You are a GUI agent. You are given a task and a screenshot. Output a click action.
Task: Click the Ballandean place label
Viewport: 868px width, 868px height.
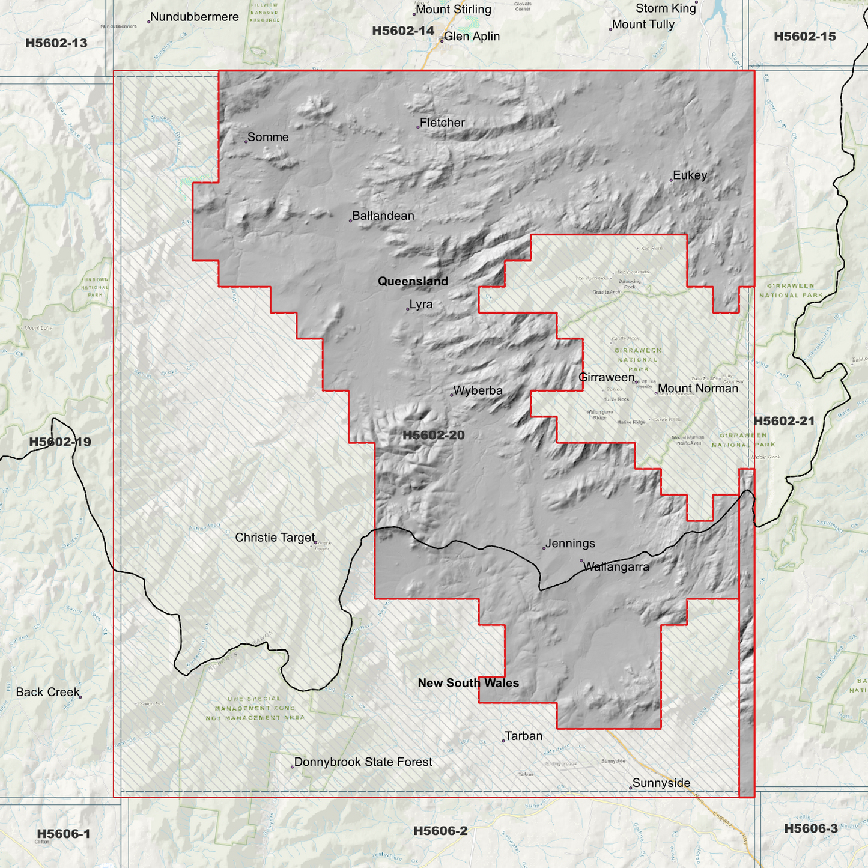pos(383,216)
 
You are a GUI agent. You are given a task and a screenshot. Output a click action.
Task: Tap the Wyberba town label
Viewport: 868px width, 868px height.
pos(478,390)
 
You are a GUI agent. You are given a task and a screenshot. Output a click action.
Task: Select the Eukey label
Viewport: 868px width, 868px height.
pos(690,175)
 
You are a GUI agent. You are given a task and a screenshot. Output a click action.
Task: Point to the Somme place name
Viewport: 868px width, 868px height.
pos(268,137)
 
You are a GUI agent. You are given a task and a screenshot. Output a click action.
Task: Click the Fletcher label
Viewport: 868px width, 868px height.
pos(442,123)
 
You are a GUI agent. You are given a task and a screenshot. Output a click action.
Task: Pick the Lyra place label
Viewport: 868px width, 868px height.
pos(420,305)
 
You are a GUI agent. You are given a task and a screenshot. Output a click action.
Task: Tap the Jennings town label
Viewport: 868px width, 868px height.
pos(570,544)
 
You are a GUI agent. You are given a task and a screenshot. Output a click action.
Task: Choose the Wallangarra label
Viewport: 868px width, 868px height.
pos(616,566)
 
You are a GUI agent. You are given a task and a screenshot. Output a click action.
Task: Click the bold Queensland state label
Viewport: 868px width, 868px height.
pos(413,281)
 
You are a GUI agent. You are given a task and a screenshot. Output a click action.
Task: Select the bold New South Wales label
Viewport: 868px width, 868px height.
pos(468,683)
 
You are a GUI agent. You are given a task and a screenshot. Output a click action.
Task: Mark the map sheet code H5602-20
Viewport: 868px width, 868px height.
pos(433,435)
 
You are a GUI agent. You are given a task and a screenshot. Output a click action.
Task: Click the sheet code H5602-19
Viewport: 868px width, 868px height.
pos(60,442)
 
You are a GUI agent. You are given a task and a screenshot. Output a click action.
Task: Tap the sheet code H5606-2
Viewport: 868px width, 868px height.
pos(440,831)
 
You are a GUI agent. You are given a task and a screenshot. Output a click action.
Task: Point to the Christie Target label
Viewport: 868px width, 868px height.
pos(275,538)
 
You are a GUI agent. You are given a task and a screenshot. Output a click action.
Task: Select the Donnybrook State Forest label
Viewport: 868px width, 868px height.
pos(363,762)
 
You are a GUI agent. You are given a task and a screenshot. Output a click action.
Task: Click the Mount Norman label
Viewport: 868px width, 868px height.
pos(697,389)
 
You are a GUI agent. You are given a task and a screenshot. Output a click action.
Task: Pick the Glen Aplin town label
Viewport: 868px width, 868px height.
pos(472,37)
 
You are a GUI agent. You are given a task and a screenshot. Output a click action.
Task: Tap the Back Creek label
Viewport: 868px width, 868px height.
pos(47,692)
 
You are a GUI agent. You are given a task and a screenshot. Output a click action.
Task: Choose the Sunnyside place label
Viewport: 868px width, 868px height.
pos(661,783)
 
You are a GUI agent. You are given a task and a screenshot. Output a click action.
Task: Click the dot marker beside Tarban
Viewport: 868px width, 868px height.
pos(503,741)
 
